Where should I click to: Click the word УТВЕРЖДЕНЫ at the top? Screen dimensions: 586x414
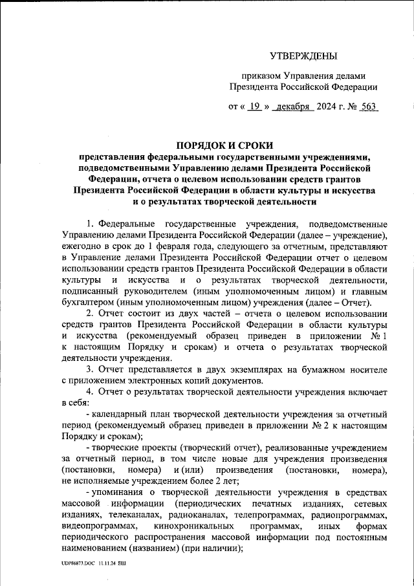click(303, 58)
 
